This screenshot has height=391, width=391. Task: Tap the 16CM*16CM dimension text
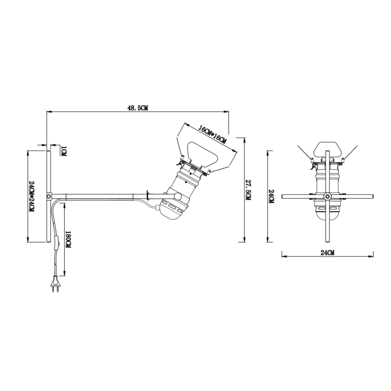click(213, 134)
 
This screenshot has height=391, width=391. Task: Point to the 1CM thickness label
click(63, 151)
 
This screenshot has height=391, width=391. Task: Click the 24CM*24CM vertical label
click(32, 196)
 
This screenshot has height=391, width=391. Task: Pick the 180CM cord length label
click(69, 240)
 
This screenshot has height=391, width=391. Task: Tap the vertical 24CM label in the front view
click(272, 196)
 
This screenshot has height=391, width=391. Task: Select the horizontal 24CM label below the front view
click(327, 252)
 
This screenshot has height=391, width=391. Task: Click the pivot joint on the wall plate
click(48, 196)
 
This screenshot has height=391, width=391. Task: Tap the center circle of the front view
click(327, 196)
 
